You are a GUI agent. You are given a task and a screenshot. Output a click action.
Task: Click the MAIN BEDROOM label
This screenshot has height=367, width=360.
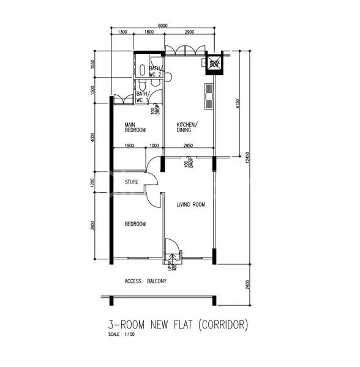135,127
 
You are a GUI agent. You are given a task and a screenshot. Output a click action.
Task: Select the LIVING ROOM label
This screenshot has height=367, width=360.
190,205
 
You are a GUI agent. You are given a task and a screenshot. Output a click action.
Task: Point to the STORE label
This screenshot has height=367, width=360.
132,182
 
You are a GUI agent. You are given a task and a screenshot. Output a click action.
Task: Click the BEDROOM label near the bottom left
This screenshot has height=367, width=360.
135,224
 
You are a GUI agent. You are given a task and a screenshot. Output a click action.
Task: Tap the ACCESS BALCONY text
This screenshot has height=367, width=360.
145,281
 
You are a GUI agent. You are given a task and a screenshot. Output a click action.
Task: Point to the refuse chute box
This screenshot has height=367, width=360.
214,63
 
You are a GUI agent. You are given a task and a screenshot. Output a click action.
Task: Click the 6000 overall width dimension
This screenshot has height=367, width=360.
162,26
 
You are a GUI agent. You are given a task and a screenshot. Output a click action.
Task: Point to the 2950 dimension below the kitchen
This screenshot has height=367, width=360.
189,146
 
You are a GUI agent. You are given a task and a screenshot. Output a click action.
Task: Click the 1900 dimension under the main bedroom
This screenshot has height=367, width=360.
129,146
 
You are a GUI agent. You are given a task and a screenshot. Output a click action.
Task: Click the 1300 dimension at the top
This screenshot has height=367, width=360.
122,32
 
